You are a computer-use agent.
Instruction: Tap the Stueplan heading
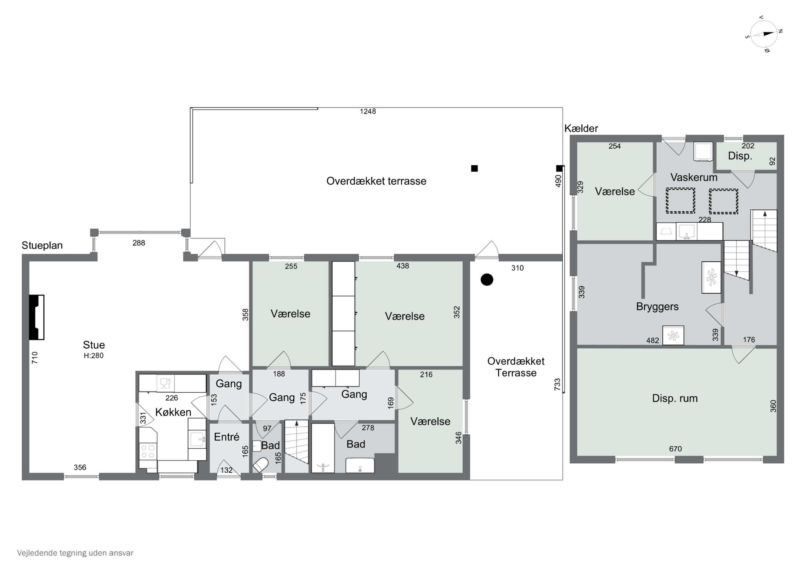click(x=42, y=245)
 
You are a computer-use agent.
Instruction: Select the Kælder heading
click(x=581, y=128)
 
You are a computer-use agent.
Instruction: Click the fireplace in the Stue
click(x=37, y=317)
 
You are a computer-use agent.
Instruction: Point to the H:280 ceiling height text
click(x=93, y=356)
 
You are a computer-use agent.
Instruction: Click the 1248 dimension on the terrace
click(x=368, y=111)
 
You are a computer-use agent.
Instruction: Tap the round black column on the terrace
click(x=487, y=279)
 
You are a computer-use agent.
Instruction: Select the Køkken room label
click(x=173, y=412)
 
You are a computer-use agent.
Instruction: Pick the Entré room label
click(x=226, y=437)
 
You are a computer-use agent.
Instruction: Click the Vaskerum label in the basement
click(x=694, y=177)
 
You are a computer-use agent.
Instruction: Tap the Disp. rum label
click(x=675, y=398)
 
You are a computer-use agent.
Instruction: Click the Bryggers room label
click(x=657, y=307)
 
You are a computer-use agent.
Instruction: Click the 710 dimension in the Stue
click(x=34, y=357)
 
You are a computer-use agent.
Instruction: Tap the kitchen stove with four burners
click(x=147, y=451)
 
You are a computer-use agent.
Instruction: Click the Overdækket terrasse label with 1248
click(x=376, y=181)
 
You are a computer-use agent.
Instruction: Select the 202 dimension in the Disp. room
click(x=748, y=145)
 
